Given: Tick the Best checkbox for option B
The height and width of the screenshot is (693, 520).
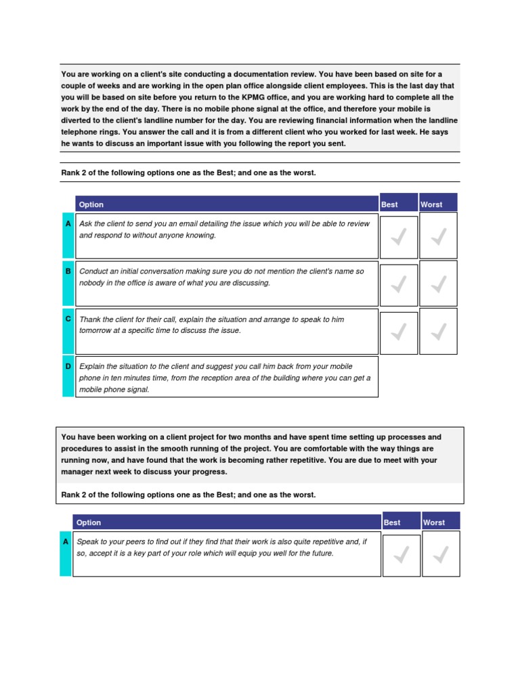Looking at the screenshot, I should point(399,284).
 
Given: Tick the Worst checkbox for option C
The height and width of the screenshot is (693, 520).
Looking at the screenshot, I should point(438,331).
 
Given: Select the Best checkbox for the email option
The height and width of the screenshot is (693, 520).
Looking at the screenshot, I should point(399,236).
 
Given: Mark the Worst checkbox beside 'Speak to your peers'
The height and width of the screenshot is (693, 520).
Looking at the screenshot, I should point(441,554).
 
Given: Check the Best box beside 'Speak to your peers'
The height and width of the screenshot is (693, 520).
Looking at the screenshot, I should point(401,554).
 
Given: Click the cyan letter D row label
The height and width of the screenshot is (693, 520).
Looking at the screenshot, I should point(68,367).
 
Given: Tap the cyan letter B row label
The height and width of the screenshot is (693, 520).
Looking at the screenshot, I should point(68,271).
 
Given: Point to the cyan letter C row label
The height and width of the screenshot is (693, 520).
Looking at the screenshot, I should point(68,319).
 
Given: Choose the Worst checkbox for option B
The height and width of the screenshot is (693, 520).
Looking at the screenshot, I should point(438,284).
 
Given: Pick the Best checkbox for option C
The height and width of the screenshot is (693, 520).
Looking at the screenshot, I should point(399,331).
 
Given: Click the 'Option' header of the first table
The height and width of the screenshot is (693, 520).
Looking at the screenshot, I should point(91,204).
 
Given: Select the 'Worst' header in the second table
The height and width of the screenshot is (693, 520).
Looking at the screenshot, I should point(434,522).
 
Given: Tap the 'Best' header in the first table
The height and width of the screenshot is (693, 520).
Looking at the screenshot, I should point(390,204).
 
